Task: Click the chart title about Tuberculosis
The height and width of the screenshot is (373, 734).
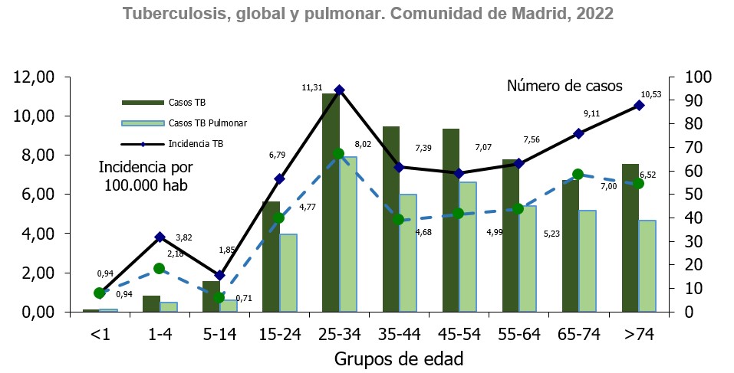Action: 367,14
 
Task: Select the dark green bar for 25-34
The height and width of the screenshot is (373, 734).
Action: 331,203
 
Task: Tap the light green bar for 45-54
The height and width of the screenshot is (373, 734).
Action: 468,247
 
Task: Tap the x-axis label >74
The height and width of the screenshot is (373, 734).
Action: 638,334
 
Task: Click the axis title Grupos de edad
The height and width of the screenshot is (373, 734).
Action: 398,358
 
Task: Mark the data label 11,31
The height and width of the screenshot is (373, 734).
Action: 311,88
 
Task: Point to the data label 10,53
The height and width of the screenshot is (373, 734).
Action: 650,94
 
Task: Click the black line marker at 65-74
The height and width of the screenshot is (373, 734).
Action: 579,133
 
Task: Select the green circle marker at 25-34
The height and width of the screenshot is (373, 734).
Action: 338,154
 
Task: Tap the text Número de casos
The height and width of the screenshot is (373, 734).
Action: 564,86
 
